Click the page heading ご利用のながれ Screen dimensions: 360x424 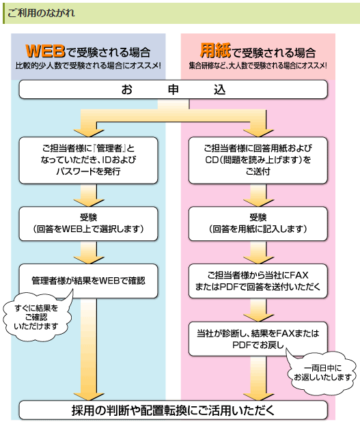point(41,13)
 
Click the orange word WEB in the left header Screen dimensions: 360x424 point(46,51)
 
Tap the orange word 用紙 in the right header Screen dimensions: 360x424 point(215,51)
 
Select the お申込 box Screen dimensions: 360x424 point(173,89)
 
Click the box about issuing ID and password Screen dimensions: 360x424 point(88,160)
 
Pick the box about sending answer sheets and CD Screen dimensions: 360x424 point(258,160)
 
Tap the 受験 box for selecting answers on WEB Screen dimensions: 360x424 point(88,224)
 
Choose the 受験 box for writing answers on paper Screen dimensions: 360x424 point(258,224)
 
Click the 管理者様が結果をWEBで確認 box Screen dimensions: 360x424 point(88,281)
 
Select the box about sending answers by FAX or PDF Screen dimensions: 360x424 point(258,281)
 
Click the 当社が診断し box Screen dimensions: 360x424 point(258,339)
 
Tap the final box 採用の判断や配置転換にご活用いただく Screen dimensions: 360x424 point(173,410)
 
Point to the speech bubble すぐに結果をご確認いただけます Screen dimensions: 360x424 point(36,316)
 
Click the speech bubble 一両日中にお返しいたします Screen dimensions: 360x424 point(322,373)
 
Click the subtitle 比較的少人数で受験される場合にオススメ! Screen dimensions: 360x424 point(88,66)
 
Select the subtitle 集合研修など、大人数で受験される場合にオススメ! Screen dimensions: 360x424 point(258,66)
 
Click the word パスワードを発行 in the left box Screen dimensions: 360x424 point(88,171)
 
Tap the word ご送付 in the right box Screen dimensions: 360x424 point(258,171)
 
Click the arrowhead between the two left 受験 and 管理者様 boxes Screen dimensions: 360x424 point(88,259)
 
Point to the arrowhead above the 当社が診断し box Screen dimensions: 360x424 point(258,317)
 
